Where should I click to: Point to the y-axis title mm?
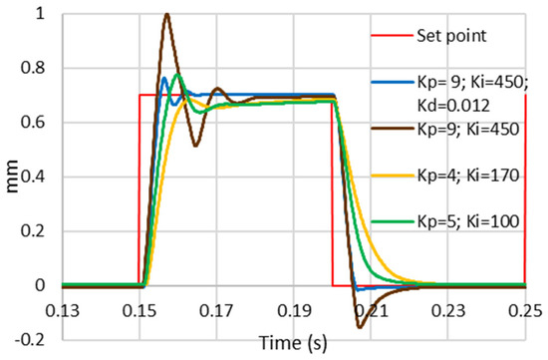[x=13, y=160]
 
